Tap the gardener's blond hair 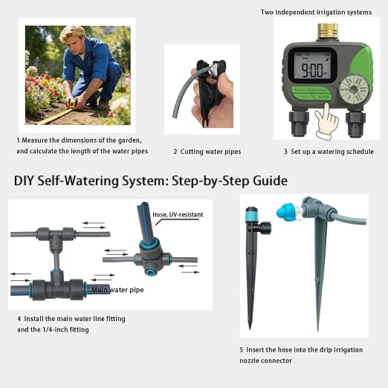(74, 33)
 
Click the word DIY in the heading (25, 181)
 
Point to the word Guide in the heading (268, 181)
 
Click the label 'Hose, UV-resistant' (178, 214)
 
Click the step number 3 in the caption (285, 151)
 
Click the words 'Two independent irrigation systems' (315, 12)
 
